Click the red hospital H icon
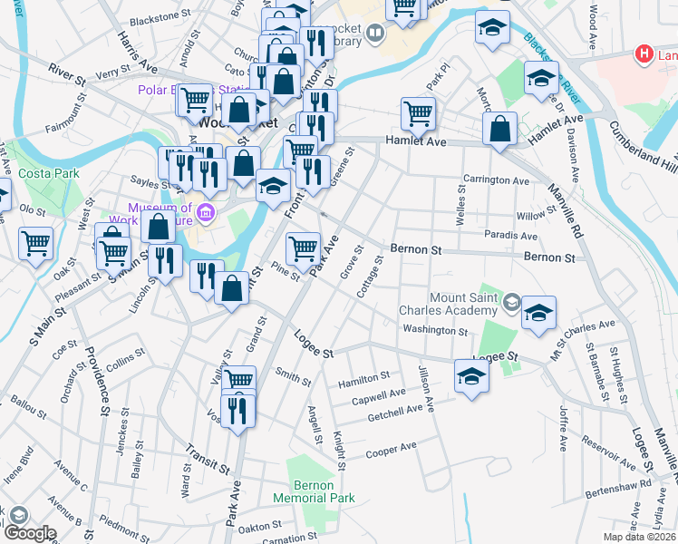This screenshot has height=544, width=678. coord(644,54)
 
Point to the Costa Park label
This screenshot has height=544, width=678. coord(51,172)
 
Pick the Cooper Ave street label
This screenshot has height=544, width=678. coord(391,449)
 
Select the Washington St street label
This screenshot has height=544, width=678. coord(435,331)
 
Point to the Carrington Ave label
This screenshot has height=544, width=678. coord(495,180)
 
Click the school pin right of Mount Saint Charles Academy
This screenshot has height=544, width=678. coord(538,314)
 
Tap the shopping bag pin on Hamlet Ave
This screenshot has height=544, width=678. coord(500,129)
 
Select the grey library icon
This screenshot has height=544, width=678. coord(375,34)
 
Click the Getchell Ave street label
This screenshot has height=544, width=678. coord(395,415)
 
